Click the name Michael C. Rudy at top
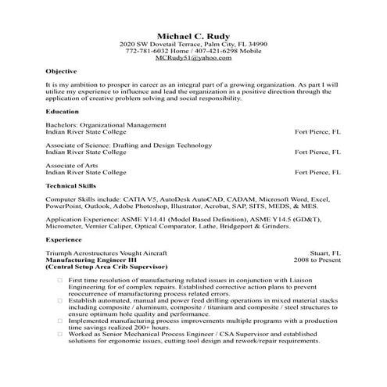193,36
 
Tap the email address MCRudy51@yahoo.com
193,59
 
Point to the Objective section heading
62,70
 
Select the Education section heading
62,111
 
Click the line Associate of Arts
72,166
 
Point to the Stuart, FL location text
325,253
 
